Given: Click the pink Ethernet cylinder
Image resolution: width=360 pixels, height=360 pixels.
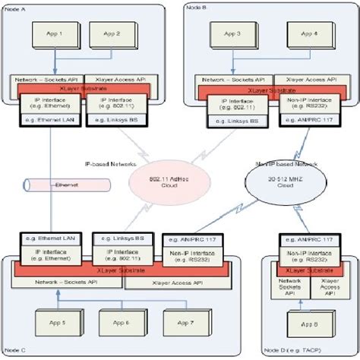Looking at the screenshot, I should point(65,184).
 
